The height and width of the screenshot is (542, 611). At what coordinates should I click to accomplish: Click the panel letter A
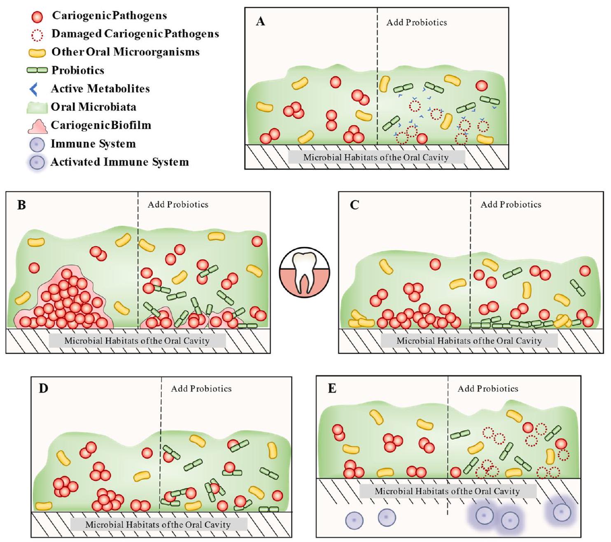click(x=260, y=21)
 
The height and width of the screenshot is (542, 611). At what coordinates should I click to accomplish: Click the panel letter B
click(x=21, y=204)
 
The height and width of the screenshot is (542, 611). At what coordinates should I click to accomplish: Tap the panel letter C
click(x=354, y=204)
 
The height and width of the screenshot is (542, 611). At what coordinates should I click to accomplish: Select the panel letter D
click(x=43, y=388)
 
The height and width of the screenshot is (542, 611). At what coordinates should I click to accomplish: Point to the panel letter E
click(x=332, y=388)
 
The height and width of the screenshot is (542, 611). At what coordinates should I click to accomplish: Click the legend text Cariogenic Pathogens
click(x=109, y=16)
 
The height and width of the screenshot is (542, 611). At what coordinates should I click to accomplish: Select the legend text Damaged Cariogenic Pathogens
click(x=135, y=34)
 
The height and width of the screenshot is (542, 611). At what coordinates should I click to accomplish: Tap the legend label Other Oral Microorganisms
click(x=125, y=52)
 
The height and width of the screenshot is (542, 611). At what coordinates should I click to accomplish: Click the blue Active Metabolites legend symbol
click(x=35, y=89)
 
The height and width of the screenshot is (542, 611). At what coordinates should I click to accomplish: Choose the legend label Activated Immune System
click(x=119, y=162)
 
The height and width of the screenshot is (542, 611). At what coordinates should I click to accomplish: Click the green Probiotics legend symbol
click(x=37, y=70)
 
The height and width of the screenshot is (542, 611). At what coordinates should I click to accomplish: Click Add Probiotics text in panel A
click(x=416, y=22)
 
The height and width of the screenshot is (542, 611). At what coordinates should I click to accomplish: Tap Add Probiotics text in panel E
click(x=488, y=389)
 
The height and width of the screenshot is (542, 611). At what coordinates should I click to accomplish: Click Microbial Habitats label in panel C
click(x=469, y=340)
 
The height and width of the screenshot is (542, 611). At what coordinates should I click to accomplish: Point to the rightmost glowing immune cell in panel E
click(x=562, y=512)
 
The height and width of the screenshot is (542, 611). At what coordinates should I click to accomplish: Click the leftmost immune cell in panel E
click(x=354, y=520)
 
